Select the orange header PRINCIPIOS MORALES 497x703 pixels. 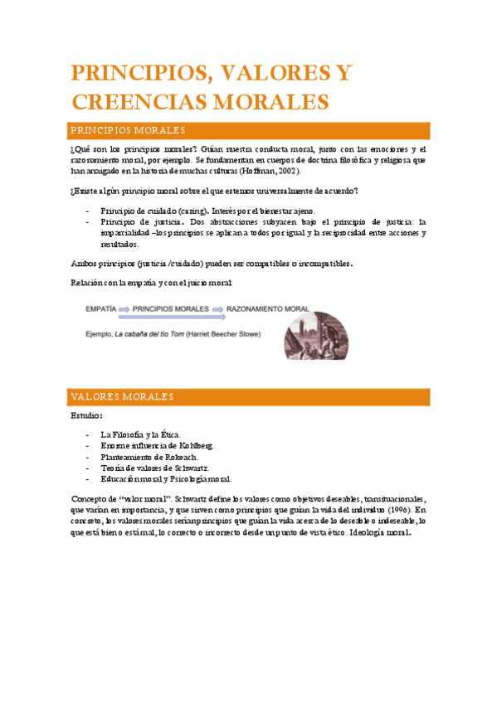click(x=127, y=131)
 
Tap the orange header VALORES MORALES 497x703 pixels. click(x=121, y=397)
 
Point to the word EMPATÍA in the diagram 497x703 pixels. click(x=100, y=308)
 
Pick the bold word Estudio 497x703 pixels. click(x=86, y=415)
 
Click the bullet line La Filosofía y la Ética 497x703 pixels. click(x=139, y=434)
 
